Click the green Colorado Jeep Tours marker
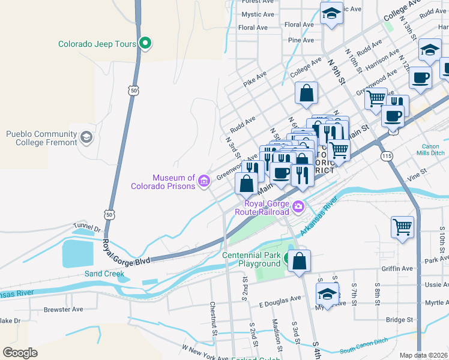click(x=145, y=43)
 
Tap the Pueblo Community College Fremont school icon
click(x=86, y=138)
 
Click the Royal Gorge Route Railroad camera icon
click(x=298, y=208)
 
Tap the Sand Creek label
click(x=104, y=274)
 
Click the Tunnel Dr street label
click(x=88, y=228)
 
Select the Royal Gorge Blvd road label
click(x=125, y=253)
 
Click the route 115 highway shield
click(x=387, y=155)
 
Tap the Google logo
click(x=20, y=352)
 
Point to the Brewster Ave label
click(x=63, y=310)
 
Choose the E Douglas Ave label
click(x=280, y=298)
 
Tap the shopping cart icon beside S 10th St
click(x=402, y=227)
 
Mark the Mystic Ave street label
click(x=258, y=14)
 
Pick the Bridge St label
click(x=400, y=320)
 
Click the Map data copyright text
click(x=424, y=355)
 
